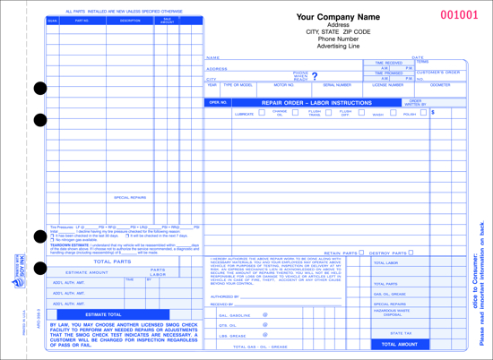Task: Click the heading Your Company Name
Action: pos(337,17)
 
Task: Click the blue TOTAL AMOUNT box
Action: pos(400,344)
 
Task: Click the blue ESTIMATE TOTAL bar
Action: pos(103,315)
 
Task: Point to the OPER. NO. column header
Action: pos(219,103)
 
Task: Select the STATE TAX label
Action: pos(401,332)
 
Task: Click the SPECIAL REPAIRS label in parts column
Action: pos(131,197)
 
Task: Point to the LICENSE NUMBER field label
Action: pos(388,85)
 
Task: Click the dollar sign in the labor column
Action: pos(433,113)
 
